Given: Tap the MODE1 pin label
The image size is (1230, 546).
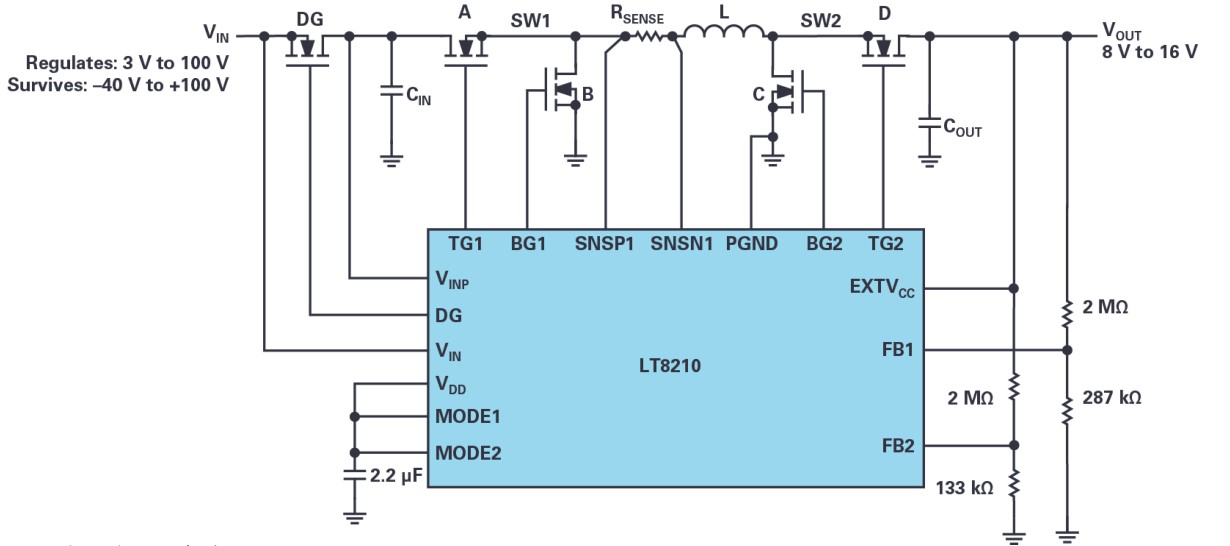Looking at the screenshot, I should pos(468,416).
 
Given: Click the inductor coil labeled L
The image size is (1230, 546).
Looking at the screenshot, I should pos(724,35).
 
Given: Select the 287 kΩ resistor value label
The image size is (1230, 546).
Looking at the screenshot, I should pos(1112,397).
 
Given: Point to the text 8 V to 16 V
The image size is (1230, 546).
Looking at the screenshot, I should pos(1149,52).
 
